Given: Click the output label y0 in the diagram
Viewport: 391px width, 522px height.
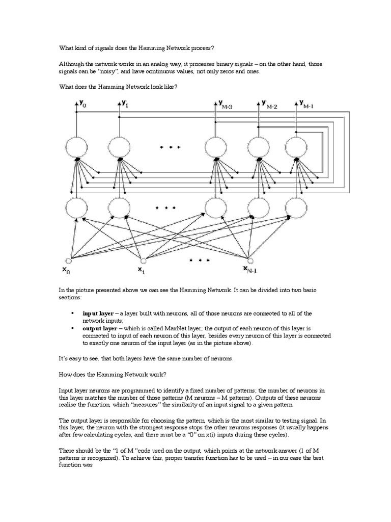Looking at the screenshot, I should coord(83,105).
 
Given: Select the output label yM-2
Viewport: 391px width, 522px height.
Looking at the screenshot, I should coord(268,105).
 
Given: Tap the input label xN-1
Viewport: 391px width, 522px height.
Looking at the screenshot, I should coord(250,269).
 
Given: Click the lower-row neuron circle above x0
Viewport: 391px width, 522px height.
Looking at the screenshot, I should coord(76,207).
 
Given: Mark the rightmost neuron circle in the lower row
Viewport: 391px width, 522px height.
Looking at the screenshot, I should coord(297,207).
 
